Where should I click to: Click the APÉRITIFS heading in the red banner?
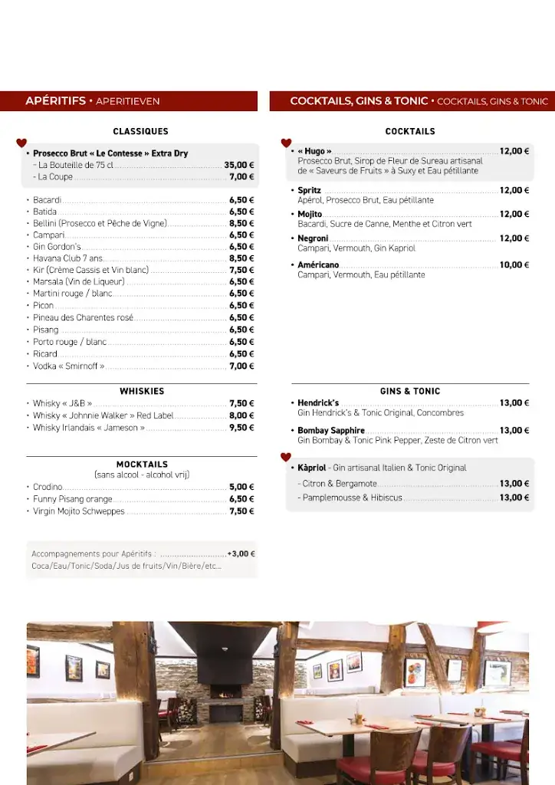55,101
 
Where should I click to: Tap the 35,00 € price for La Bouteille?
239,165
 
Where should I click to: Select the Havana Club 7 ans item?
67,258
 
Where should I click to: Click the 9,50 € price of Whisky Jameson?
241,428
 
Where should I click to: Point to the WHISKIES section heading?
142,391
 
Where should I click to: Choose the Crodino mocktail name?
48,487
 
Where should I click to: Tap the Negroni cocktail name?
313,238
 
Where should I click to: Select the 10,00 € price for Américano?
514,265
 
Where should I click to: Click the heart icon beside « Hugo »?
287,143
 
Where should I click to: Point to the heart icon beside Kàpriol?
286,458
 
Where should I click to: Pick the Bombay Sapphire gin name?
331,431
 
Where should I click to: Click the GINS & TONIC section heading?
410,391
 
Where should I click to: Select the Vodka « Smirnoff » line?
69,366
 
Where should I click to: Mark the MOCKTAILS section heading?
142,464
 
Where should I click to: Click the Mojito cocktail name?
310,215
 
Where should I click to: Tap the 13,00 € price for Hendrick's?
514,403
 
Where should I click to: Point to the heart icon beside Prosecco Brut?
21,143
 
